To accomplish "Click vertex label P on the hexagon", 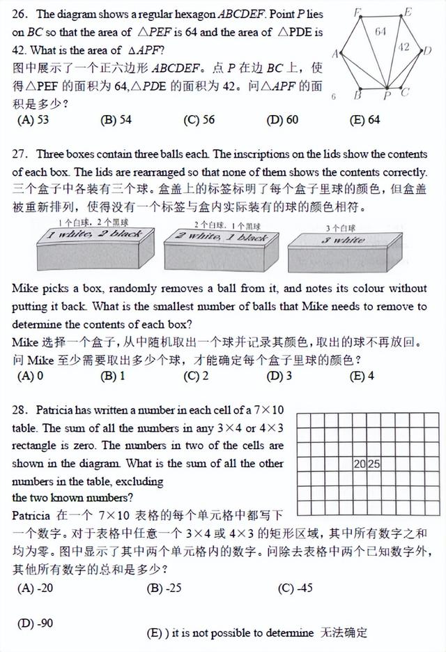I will tap(387, 96).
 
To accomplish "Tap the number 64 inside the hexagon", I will tap(380, 31).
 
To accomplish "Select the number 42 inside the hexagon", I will tap(404, 47).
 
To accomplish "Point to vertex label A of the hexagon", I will tap(335, 54).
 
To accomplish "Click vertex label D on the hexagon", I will tap(428, 50).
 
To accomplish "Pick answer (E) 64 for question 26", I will tap(365, 120).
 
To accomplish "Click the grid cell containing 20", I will tap(360, 464).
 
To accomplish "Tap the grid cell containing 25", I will tap(374, 464).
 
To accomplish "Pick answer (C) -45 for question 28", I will tap(295, 588).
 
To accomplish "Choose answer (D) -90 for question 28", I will tap(36, 623).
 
